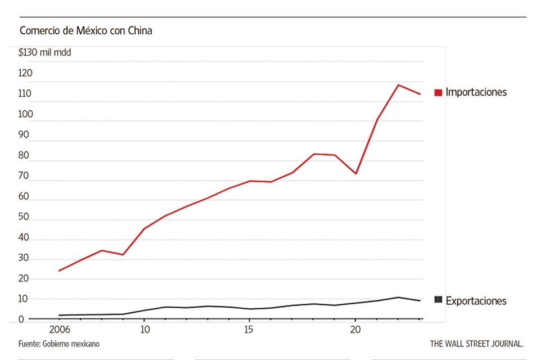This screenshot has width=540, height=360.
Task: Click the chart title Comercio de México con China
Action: pos(85,31)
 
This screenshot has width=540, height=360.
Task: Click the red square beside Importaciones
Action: pos(438,92)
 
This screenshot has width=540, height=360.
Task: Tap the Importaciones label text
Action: pos(476,92)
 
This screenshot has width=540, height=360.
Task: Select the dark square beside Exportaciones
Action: pos(438,300)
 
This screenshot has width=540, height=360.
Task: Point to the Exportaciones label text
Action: pos(476,301)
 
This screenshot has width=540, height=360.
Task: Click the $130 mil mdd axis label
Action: pos(44,53)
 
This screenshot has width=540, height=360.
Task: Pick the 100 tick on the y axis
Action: pos(26,114)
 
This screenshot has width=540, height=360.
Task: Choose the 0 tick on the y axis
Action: pos(22,319)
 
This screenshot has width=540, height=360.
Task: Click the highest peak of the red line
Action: pos(398,85)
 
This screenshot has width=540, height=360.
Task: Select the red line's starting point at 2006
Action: pos(60,271)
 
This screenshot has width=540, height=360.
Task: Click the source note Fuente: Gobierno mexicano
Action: pos(55,343)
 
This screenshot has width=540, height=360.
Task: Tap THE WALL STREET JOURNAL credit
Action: pos(476,343)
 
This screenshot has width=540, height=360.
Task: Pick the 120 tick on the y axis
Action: pos(26,73)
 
